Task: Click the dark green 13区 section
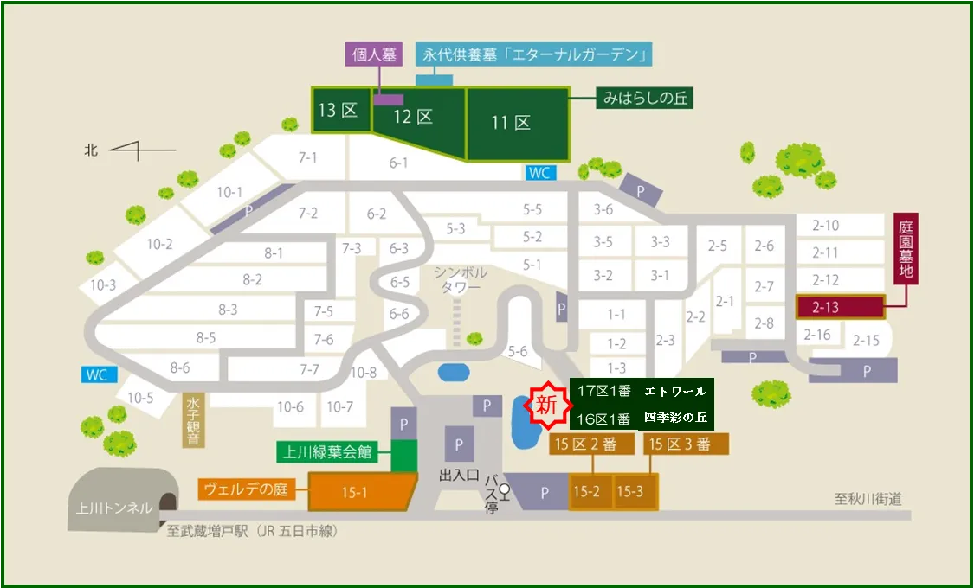[x=340, y=111]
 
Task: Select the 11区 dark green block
[x=518, y=123]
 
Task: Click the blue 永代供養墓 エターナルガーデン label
[x=534, y=54]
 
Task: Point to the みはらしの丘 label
[x=643, y=99]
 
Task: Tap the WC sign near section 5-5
[x=539, y=173]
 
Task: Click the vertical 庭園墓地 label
[x=906, y=249]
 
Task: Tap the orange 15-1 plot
[x=356, y=493]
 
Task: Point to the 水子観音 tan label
[x=192, y=421]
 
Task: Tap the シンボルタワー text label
[x=461, y=280]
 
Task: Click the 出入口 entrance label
[x=459, y=476]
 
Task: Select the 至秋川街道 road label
[x=868, y=499]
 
